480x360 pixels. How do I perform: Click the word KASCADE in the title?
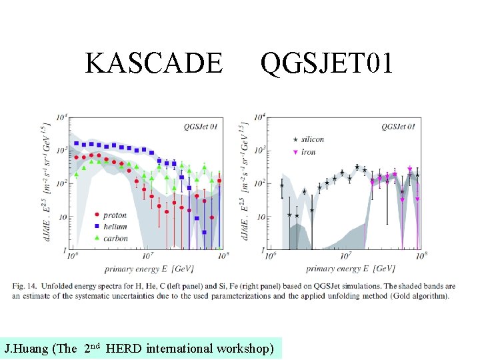pyautogui.click(x=154, y=63)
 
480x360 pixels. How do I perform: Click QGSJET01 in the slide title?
pyautogui.click(x=327, y=63)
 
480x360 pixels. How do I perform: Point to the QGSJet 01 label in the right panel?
pyautogui.click(x=398, y=125)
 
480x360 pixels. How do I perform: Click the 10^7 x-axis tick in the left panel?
pyautogui.click(x=147, y=255)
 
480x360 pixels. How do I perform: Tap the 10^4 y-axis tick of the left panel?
pyautogui.click(x=61, y=117)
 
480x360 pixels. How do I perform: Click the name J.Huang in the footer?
pyautogui.click(x=25, y=348)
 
